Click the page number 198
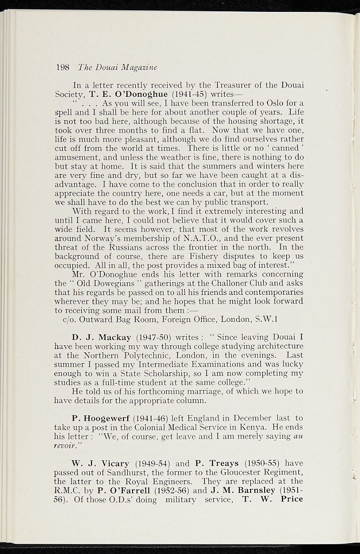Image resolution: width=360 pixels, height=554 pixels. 63,68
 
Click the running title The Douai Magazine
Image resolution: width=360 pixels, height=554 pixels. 117,68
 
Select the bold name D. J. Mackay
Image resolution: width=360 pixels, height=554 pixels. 101,338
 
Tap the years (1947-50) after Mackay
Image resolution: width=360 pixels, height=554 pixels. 154,338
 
